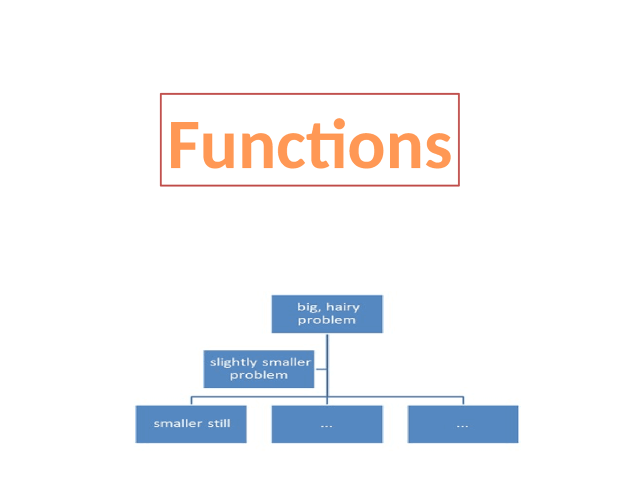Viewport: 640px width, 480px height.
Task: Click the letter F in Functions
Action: click(182, 145)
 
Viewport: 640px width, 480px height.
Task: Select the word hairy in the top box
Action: click(343, 307)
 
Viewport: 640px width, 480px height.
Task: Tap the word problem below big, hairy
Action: click(326, 320)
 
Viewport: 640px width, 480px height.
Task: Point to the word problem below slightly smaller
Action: click(258, 375)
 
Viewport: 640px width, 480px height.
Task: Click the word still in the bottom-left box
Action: click(219, 423)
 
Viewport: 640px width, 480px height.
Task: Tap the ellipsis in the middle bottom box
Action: click(326, 426)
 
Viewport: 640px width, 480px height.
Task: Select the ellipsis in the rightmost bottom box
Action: click(462, 426)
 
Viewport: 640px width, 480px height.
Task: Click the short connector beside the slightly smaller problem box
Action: click(320, 369)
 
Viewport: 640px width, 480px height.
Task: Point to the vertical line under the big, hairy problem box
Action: click(327, 350)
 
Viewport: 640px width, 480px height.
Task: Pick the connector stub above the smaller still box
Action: click(191, 400)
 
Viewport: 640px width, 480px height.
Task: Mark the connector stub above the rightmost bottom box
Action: click(463, 400)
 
